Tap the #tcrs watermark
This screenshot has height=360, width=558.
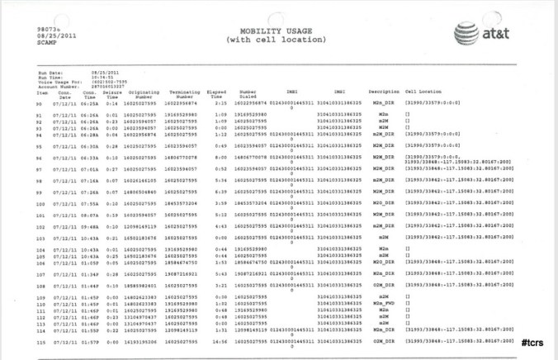pos(536,341)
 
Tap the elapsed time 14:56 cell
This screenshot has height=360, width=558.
pos(215,341)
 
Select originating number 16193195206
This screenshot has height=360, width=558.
pos(139,341)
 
